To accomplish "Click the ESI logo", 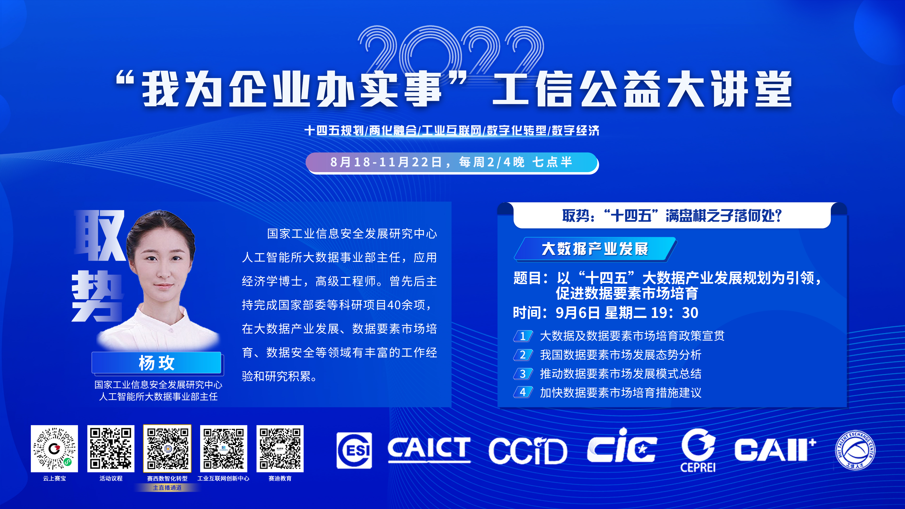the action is (354, 450).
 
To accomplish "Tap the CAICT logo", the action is (429, 449).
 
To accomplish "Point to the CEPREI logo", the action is (698, 450).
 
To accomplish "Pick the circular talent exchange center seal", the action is (855, 450).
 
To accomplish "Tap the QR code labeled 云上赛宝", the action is (54, 449).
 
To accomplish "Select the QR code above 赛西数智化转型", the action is (167, 449).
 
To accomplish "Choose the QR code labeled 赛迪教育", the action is (280, 449).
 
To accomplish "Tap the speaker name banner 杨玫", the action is (157, 362).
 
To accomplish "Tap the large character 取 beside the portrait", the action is (100, 235).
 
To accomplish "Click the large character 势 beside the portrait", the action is (98, 296).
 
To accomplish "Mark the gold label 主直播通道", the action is (167, 487).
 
